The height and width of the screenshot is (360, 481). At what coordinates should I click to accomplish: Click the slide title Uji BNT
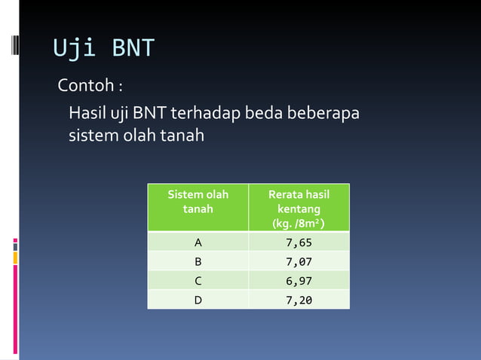click(x=103, y=48)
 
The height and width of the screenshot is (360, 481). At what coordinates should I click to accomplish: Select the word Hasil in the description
click(x=86, y=114)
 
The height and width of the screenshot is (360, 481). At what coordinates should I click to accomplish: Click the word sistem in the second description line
click(x=90, y=136)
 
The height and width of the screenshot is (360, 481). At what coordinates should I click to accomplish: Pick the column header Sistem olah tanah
click(x=198, y=201)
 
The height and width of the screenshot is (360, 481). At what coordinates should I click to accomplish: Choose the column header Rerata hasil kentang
click(x=299, y=201)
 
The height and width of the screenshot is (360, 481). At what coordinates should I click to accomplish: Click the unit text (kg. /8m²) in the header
click(x=299, y=223)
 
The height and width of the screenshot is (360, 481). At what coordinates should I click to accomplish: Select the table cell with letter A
click(x=198, y=243)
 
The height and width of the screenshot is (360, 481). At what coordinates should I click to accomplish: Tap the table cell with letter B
click(x=198, y=262)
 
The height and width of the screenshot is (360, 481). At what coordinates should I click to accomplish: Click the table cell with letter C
click(x=198, y=281)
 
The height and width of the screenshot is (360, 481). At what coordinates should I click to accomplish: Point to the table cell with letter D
click(x=198, y=300)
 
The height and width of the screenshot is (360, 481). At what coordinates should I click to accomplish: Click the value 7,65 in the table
click(x=299, y=243)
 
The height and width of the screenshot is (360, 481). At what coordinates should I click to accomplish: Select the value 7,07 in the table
click(x=299, y=262)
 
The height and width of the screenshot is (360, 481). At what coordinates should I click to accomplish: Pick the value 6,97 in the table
click(x=299, y=281)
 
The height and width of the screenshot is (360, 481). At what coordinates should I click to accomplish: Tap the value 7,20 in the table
click(x=299, y=300)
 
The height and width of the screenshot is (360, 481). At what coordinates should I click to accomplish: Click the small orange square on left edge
click(x=14, y=258)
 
